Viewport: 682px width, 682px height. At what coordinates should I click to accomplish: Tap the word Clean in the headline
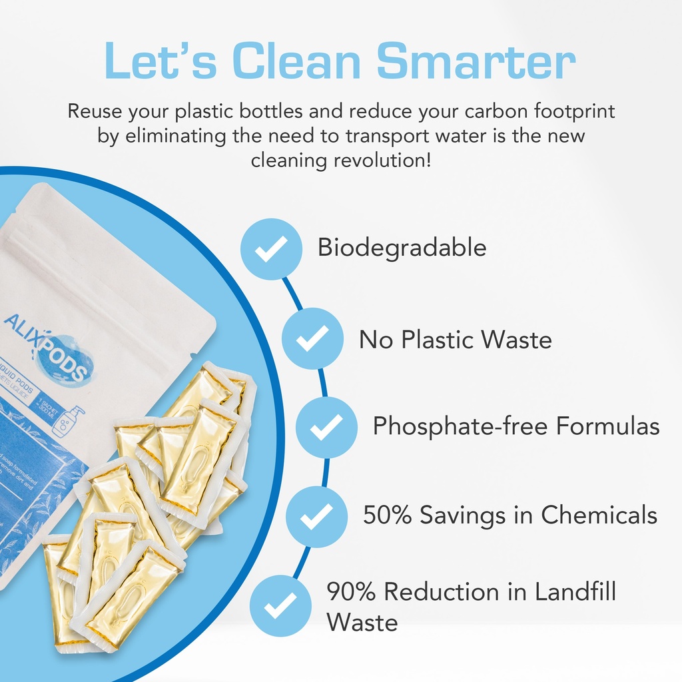click(299, 61)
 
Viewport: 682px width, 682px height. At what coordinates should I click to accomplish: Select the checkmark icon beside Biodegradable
click(271, 248)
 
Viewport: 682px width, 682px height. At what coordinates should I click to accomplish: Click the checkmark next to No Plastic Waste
click(312, 338)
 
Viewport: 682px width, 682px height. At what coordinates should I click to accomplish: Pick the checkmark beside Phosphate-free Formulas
click(326, 426)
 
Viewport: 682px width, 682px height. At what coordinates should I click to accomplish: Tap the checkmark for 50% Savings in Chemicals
click(317, 515)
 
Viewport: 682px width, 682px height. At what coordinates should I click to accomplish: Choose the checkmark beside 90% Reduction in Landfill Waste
click(280, 605)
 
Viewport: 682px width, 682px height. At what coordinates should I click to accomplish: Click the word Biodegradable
click(402, 248)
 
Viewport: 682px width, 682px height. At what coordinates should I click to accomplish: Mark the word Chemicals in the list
click(598, 515)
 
